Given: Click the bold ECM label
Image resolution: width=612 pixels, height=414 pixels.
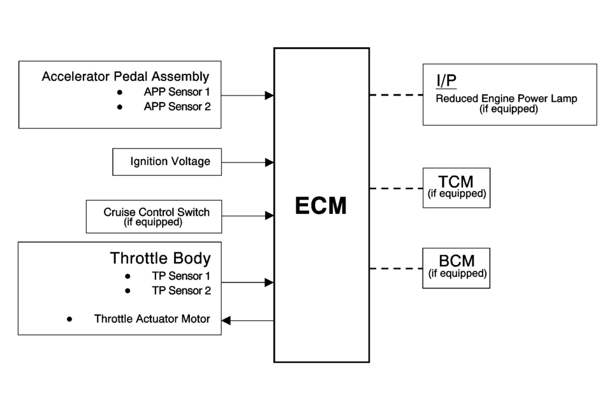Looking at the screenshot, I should tap(321, 206).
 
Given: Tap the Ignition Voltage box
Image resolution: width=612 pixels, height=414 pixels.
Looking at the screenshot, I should tap(167, 162).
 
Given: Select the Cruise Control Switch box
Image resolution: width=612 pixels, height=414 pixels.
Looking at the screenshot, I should tap(154, 217).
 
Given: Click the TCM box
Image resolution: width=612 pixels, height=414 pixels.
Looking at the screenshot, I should tap(456, 187).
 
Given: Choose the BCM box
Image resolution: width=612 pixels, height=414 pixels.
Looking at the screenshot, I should tap(456, 268).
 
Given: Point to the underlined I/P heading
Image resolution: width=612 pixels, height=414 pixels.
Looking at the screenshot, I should tap(446, 81).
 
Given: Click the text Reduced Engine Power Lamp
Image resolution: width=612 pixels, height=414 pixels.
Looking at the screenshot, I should tap(506, 99).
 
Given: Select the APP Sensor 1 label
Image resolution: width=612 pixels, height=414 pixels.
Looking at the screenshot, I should tap(177, 92).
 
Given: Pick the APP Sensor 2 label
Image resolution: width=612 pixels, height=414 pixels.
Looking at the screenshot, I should tap(177, 106).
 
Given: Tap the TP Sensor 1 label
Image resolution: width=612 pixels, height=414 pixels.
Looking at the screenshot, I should tap(181, 276).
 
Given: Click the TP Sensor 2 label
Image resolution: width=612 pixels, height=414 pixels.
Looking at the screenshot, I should tap(181, 290).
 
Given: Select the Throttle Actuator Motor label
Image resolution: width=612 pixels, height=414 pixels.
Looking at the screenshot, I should tap(152, 318).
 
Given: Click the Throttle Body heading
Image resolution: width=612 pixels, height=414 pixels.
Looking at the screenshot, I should tap(160, 258).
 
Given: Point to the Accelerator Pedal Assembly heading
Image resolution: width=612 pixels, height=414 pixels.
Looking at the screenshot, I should tap(125, 76).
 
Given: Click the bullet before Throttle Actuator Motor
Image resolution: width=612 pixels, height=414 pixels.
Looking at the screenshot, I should tap(69, 318).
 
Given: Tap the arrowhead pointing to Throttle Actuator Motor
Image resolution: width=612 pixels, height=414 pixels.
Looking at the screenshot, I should tap(226, 320).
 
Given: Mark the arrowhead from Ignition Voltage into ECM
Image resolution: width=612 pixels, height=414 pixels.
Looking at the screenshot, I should tap(270, 162).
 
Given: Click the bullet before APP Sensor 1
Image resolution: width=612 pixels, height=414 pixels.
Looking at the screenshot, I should tap(119, 92).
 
